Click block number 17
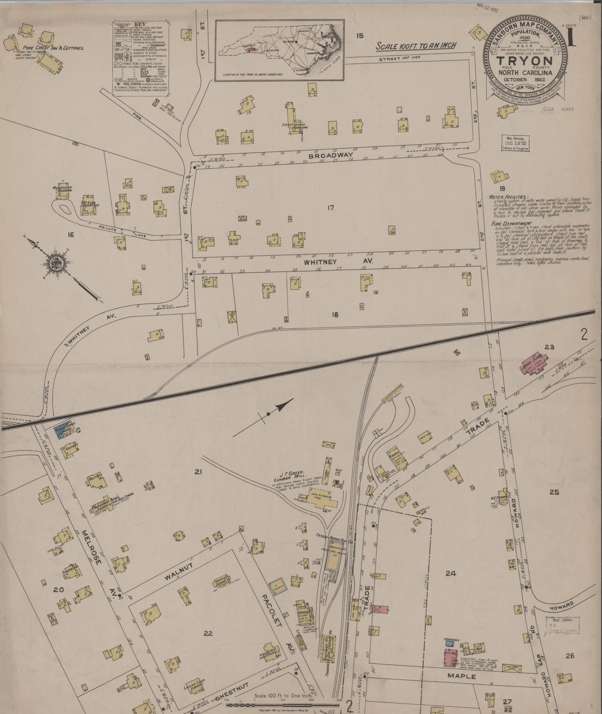(331, 207)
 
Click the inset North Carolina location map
(280, 49)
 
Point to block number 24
(450, 573)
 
